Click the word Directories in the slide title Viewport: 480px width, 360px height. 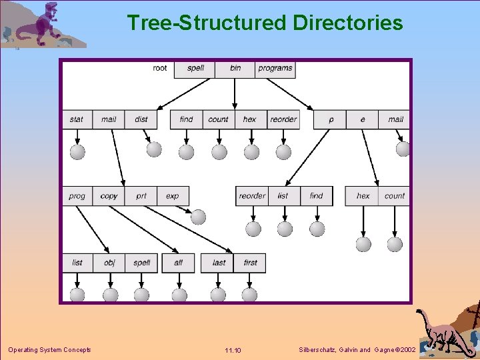pos(347,23)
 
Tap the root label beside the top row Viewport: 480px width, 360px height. pos(160,68)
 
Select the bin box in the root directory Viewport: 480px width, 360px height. pos(235,68)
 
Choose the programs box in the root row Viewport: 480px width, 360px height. pos(275,68)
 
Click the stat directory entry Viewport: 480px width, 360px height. pos(77,119)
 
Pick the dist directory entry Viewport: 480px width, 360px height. pos(141,119)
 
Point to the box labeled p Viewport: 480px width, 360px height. pos(331,119)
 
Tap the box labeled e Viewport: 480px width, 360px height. pos(363,119)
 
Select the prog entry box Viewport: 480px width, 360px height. pos(77,196)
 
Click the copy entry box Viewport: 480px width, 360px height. pos(109,196)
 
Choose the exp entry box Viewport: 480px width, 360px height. pos(173,196)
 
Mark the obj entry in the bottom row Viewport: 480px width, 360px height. pos(109,263)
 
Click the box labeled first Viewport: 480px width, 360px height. pos(250,263)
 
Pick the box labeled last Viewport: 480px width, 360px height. pos(219,263)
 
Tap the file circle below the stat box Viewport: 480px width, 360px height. pos(77,151)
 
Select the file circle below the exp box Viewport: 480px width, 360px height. pos(198,217)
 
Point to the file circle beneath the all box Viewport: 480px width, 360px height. pos(179,294)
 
